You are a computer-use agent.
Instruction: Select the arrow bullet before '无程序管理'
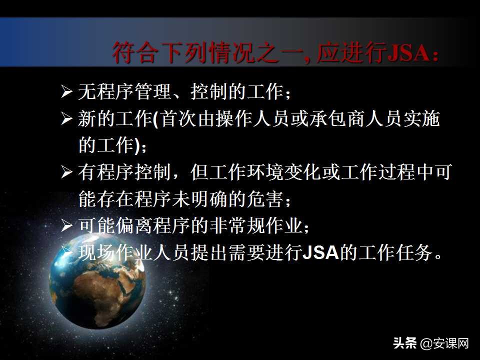click(x=67, y=92)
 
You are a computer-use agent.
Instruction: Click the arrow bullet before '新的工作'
click(x=67, y=119)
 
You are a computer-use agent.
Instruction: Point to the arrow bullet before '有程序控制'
click(x=67, y=173)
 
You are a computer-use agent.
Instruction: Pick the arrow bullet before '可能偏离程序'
click(x=67, y=226)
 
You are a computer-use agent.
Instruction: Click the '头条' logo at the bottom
click(x=405, y=344)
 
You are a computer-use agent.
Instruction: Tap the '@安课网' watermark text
click(x=444, y=344)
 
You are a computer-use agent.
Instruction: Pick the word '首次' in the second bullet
click(x=173, y=119)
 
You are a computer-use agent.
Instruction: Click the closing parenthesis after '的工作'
click(x=138, y=146)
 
